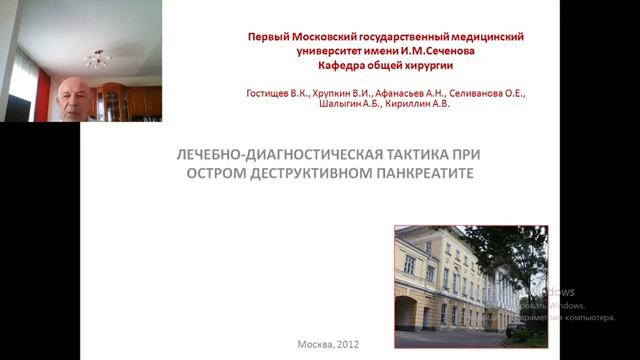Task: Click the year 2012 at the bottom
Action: (x=346, y=345)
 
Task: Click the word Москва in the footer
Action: (x=315, y=345)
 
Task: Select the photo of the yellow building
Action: (x=470, y=279)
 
